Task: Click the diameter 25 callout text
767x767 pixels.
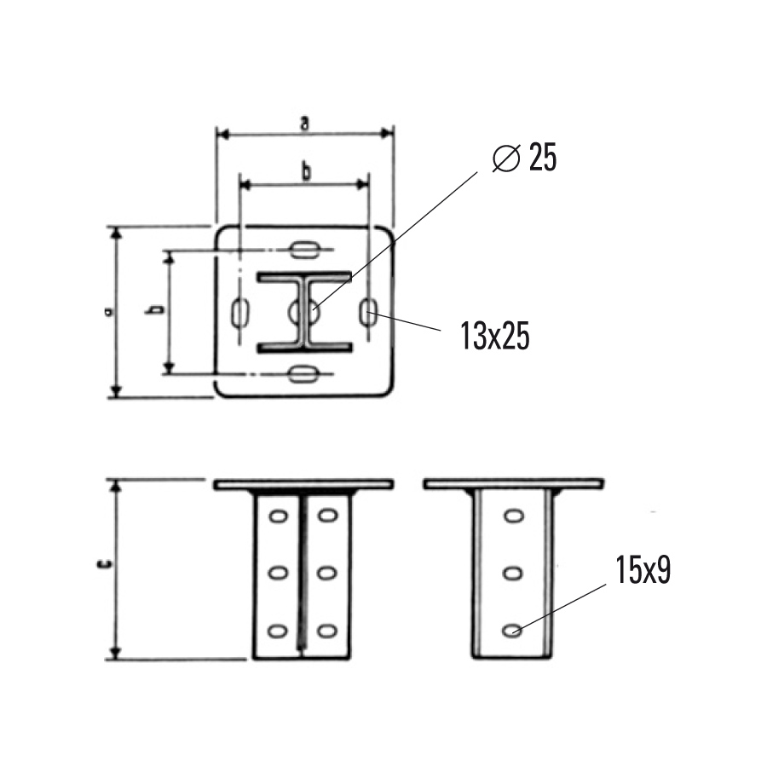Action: tap(525, 159)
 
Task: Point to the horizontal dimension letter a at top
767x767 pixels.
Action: tap(304, 124)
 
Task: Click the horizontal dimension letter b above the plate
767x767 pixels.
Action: tap(305, 171)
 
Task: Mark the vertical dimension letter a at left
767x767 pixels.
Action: tap(108, 312)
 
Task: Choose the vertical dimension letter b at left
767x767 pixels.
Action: tap(155, 312)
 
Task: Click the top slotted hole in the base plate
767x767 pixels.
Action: tap(304, 250)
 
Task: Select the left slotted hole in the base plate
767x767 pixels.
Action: tap(240, 312)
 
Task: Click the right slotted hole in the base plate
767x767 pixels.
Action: tap(369, 312)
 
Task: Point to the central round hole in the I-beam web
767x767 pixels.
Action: tap(305, 312)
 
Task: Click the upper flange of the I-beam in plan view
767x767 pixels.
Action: tap(304, 278)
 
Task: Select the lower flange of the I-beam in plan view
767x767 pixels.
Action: tap(304, 347)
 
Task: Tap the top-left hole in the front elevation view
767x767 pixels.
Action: tap(278, 516)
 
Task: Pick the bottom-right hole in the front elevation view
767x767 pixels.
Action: tap(326, 631)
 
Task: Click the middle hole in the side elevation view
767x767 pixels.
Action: tap(512, 573)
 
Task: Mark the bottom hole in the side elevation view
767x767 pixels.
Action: tap(512, 631)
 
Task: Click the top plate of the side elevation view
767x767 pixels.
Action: tap(514, 484)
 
